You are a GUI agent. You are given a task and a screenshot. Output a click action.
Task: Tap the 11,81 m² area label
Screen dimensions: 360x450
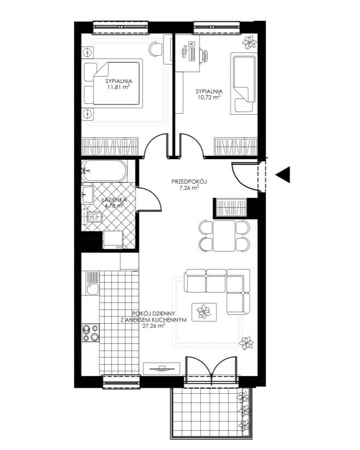point(119,87)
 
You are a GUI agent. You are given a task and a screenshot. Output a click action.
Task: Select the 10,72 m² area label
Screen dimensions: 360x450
point(209,97)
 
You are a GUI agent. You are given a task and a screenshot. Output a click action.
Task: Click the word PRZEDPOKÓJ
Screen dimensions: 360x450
point(189,182)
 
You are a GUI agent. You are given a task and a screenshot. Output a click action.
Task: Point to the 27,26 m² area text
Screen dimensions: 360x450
point(154,326)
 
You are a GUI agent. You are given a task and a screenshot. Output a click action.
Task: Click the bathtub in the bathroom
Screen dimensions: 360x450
point(104,171)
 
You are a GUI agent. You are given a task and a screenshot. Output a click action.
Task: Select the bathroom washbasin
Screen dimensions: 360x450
point(88,195)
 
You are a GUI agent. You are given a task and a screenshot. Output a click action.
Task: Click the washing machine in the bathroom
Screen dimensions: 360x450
point(113,239)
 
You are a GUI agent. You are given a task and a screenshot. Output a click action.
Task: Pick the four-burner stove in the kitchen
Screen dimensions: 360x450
point(91,332)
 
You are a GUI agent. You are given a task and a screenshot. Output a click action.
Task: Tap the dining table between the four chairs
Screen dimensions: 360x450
point(224,236)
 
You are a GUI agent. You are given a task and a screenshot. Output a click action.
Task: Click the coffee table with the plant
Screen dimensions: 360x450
point(204,312)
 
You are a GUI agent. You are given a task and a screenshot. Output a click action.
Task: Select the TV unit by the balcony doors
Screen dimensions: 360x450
point(162,369)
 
